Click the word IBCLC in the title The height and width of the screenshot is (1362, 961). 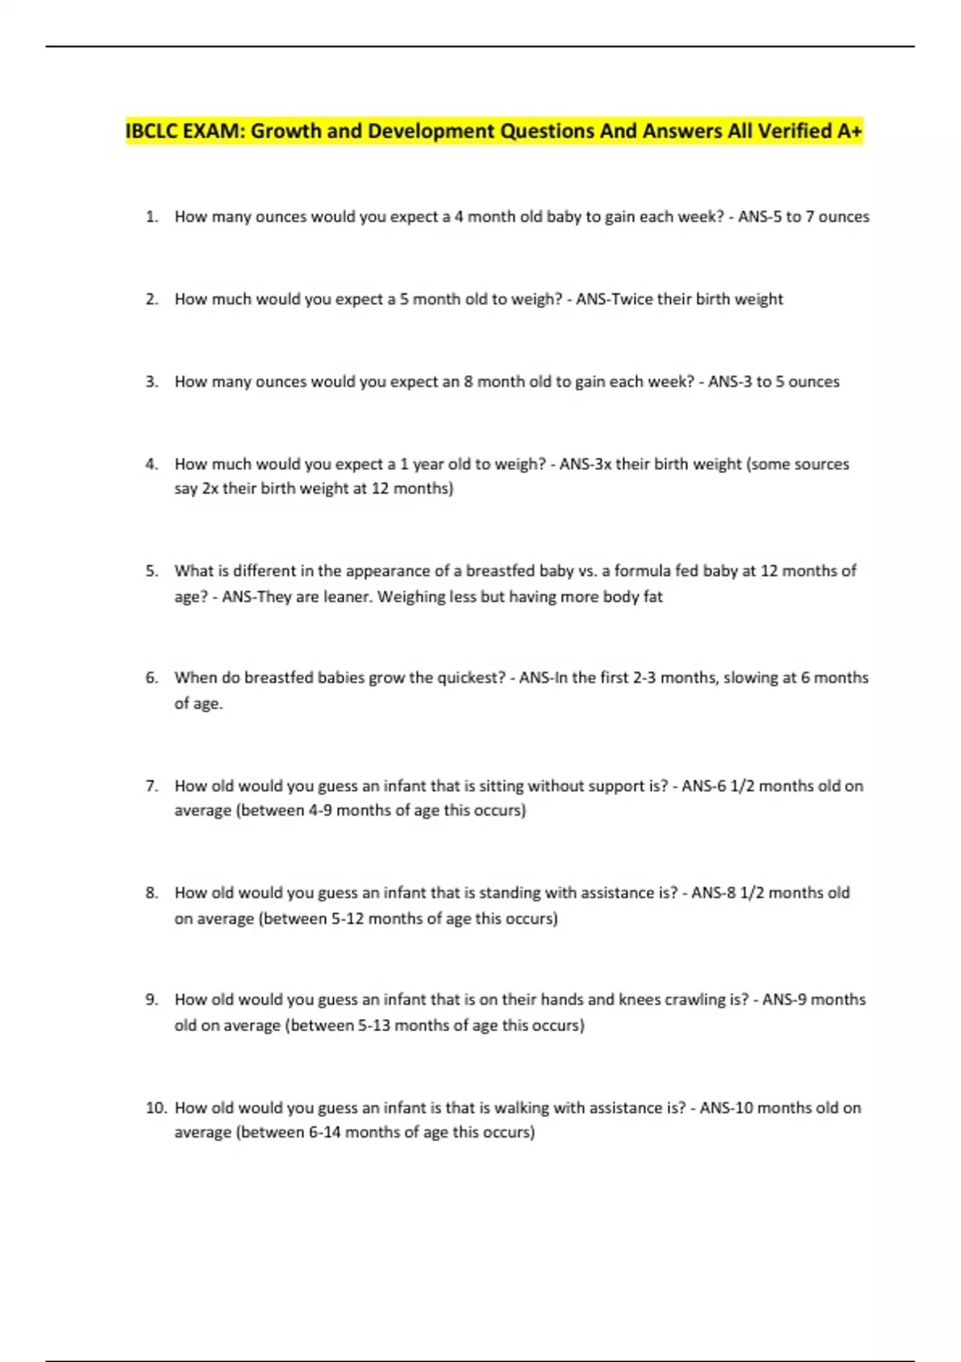coord(151,131)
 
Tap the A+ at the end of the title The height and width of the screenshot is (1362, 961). coord(850,131)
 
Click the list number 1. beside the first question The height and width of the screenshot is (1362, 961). coord(151,216)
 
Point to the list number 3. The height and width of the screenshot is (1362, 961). coord(151,381)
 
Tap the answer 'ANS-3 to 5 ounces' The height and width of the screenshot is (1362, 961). coord(774,381)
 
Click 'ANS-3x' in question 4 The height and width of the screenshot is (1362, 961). coord(585,464)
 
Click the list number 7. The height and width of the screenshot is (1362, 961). coord(151,786)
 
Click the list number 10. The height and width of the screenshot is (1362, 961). coord(155,1108)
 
